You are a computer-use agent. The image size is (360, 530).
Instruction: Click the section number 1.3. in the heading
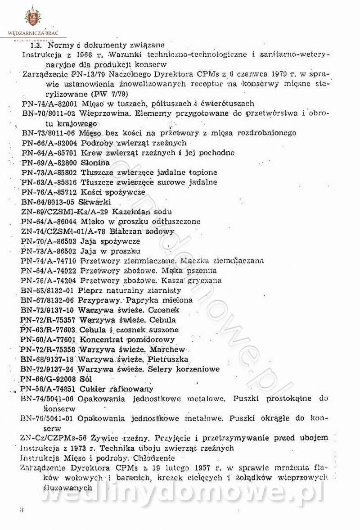pyautogui.click(x=36, y=45)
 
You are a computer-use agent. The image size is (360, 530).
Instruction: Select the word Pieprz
pyautogui.click(x=89, y=290)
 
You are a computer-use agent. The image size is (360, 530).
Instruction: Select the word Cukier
pyautogui.click(x=91, y=389)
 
